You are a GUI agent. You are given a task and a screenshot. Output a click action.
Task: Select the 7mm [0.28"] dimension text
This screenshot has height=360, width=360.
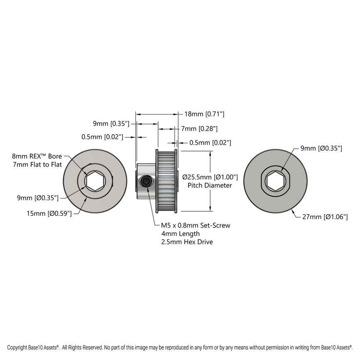[x=199, y=129]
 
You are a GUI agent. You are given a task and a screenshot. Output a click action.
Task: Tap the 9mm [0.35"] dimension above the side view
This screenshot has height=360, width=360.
[x=111, y=123]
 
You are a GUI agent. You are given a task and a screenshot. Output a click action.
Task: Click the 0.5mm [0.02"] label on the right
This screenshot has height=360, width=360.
[x=210, y=142]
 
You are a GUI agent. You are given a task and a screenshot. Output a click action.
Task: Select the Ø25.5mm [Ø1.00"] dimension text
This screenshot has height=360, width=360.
[x=210, y=177]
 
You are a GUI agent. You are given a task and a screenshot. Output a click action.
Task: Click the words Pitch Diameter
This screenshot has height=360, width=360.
[x=210, y=185]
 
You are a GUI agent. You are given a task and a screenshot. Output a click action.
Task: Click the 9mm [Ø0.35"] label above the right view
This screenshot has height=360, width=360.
[x=321, y=148]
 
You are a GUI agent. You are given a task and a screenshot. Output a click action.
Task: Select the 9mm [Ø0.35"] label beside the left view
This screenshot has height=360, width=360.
[x=38, y=198]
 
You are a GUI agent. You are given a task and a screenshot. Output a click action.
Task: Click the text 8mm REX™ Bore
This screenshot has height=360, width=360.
[x=37, y=156]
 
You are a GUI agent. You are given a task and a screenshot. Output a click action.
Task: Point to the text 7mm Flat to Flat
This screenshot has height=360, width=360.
[x=37, y=164]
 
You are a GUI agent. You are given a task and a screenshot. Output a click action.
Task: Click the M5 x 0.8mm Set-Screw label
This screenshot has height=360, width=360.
[x=195, y=225]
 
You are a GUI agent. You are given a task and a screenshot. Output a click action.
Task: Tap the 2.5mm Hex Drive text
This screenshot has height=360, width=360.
[x=187, y=242]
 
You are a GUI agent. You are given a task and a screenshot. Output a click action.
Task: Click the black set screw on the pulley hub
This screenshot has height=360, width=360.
[x=146, y=181]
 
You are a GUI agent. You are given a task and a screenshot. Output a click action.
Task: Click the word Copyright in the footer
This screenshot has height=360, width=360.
[x=17, y=347]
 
